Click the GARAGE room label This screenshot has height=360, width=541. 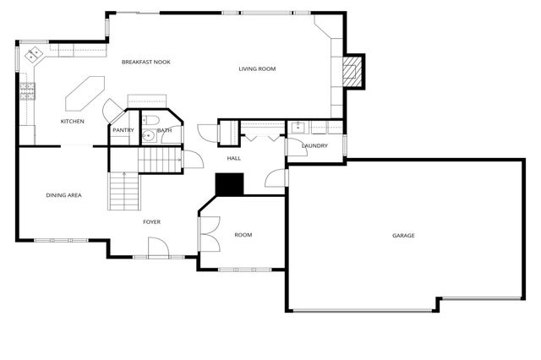coord(403,235)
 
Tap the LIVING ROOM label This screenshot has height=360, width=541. coord(257,68)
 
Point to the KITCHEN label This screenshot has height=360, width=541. coord(72,122)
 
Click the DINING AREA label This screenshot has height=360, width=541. coord(63,195)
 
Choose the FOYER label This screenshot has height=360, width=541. coord(151,222)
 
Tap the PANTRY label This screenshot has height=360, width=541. coord(123,130)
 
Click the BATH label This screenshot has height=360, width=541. coord(164,130)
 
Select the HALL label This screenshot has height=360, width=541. coord(234,158)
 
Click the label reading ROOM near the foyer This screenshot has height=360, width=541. coord(243,234)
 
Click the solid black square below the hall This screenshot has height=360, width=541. coord(229,184)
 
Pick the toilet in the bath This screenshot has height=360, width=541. coord(147,133)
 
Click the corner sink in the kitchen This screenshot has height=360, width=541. coord(35,57)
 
